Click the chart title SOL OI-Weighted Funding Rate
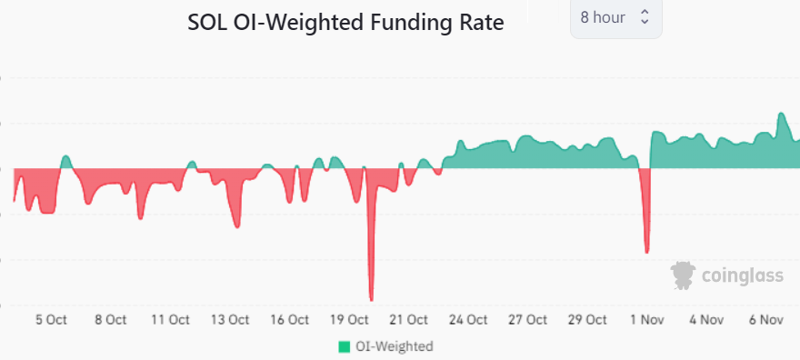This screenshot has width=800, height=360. [x=345, y=22]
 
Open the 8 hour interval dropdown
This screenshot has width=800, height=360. [x=615, y=18]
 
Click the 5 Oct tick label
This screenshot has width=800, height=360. [x=51, y=319]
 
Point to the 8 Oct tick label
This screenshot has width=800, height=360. [x=110, y=319]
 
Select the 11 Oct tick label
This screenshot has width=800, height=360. [x=170, y=319]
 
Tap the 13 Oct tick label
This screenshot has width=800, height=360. [x=230, y=319]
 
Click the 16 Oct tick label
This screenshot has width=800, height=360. [x=289, y=319]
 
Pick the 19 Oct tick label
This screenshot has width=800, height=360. [x=349, y=319]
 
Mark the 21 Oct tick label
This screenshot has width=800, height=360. [x=409, y=319]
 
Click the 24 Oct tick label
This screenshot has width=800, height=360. [x=468, y=319]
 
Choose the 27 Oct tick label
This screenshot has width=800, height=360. [x=528, y=319]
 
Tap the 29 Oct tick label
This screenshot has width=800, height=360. [x=588, y=319]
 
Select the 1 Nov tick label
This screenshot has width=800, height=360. [x=648, y=319]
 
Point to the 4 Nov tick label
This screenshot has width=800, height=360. [x=706, y=319]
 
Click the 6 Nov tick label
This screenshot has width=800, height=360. [x=766, y=319]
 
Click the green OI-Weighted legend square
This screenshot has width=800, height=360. [x=344, y=346]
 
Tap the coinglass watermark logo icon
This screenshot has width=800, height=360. [x=683, y=275]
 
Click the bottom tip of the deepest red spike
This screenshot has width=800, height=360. [x=371, y=299]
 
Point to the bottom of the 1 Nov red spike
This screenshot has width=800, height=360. [x=646, y=252]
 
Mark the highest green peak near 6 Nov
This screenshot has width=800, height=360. [x=781, y=114]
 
